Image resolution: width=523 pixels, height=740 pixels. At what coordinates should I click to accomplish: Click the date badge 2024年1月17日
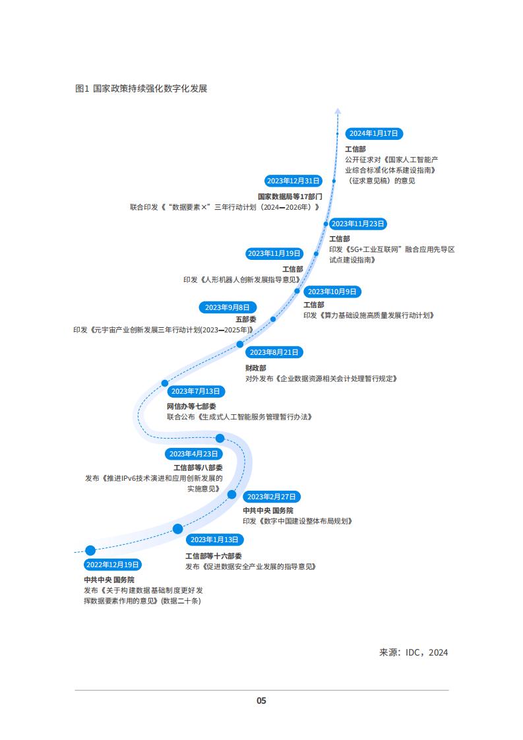[374, 134]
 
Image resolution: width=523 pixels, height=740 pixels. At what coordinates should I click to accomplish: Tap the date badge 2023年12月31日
[293, 181]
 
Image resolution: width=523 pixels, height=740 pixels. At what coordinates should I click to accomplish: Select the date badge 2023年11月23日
[358, 224]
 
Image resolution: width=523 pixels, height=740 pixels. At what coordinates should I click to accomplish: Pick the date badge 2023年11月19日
[274, 253]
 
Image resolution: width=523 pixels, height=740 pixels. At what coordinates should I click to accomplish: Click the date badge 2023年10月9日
[332, 292]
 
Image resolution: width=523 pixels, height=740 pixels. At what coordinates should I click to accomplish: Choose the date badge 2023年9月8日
[228, 307]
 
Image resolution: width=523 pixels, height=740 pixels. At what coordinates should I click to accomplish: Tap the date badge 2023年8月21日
[274, 352]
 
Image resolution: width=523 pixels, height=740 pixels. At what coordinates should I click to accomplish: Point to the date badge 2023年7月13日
[196, 391]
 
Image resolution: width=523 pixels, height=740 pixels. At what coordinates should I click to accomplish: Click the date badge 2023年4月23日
[193, 454]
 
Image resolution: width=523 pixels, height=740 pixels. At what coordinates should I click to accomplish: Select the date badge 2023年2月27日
[272, 497]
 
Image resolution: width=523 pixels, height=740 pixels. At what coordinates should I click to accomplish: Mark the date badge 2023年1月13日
[215, 540]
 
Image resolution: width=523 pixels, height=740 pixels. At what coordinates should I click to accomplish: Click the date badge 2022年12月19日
[113, 565]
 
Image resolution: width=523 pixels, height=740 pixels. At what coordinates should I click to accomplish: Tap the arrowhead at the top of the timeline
[338, 111]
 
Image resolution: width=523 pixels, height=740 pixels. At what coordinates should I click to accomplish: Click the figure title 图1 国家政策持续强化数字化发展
[141, 89]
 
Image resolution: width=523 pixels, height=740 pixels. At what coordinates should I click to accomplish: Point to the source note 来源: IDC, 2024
[414, 652]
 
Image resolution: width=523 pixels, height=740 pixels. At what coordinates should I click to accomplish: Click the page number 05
[261, 701]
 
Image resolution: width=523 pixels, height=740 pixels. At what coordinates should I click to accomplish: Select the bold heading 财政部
[256, 368]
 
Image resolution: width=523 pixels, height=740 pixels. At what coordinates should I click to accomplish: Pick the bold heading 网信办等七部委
[192, 406]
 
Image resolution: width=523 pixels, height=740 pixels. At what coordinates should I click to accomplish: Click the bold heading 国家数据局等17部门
[290, 197]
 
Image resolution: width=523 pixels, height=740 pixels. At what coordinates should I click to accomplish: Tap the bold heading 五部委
[246, 319]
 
